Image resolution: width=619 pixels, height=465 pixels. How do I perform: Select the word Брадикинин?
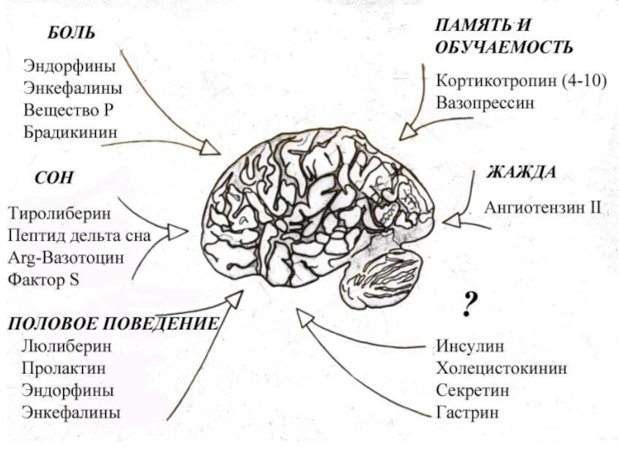tap(70, 133)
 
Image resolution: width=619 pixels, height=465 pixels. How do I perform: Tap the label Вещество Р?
tap(68, 110)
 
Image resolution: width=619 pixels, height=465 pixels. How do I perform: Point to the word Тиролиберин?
tap(60, 212)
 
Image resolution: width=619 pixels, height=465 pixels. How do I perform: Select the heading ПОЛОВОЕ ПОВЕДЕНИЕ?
tap(114, 323)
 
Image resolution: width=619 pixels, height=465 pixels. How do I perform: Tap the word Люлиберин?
tap(67, 346)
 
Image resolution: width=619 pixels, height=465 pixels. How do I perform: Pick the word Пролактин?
tap(64, 368)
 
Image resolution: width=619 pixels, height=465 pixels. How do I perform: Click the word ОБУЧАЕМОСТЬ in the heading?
tap(504, 47)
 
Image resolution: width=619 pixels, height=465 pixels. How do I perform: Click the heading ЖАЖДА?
tap(521, 172)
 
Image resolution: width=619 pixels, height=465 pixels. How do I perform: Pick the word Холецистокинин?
tap(501, 368)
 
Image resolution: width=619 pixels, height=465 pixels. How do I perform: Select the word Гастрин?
tap(467, 413)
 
